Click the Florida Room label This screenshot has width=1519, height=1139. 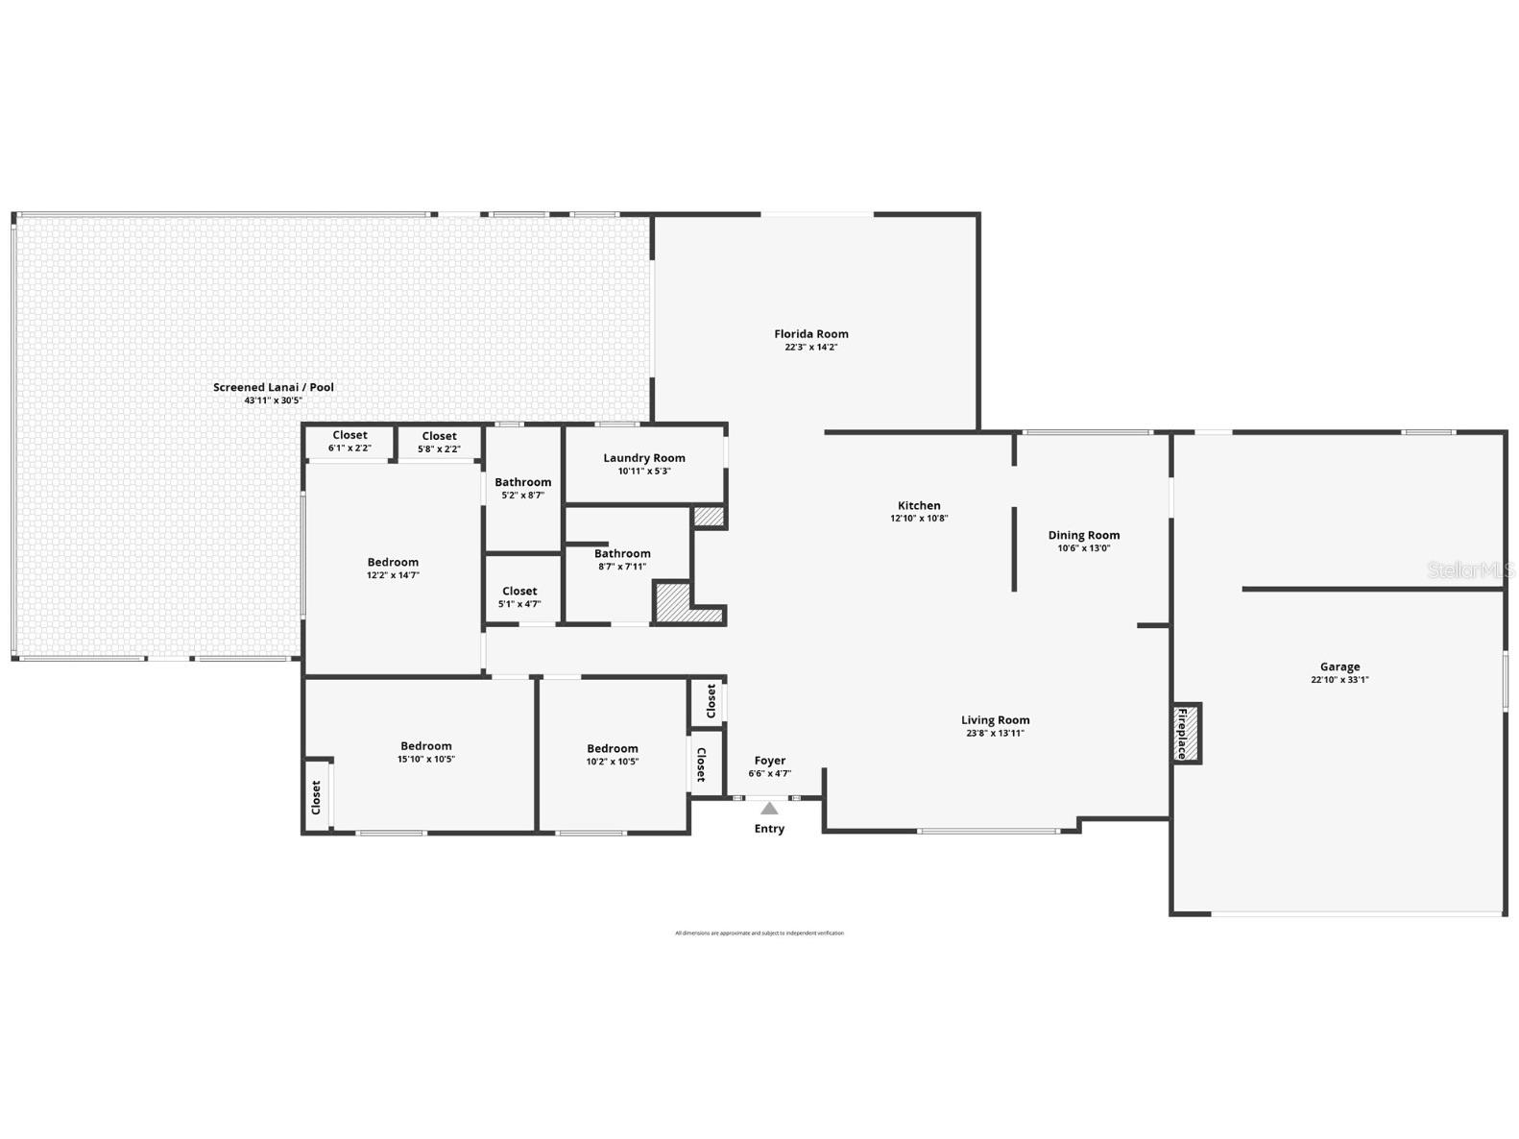[811, 334]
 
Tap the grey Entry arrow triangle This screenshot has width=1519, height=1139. [769, 809]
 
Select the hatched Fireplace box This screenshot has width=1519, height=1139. [1188, 733]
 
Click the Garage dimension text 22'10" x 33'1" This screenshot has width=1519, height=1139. [1339, 680]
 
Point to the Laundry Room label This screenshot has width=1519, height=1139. [644, 458]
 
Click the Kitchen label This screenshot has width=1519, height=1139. [919, 505]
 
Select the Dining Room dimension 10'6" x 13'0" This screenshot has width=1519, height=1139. [1083, 548]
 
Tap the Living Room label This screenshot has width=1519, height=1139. [995, 720]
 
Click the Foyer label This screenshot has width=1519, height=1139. [770, 761]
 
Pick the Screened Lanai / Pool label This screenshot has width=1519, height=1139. [274, 387]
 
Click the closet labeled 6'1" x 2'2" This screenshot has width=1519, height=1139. [350, 442]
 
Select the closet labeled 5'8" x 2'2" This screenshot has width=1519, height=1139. [439, 443]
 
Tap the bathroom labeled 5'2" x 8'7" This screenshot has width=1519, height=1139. [522, 488]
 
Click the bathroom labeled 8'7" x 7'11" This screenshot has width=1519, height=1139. [622, 559]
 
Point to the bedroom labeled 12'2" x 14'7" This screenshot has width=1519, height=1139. [393, 568]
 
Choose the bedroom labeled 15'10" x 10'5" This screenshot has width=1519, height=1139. [425, 752]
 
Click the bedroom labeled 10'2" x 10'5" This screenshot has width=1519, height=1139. [612, 754]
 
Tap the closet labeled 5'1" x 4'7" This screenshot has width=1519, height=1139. [519, 597]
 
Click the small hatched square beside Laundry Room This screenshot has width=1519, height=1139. [709, 517]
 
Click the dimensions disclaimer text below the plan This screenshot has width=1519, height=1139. [759, 933]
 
